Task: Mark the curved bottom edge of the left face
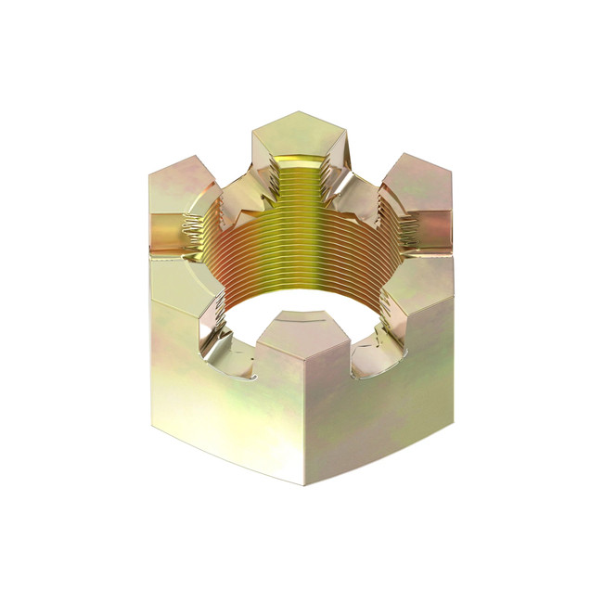(x=223, y=458)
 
